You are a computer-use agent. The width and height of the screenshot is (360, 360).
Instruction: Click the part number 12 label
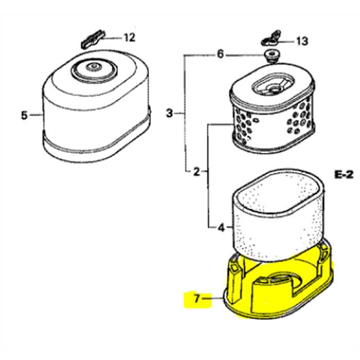[x=129, y=38]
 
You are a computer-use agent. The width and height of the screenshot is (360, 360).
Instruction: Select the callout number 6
[x=221, y=54]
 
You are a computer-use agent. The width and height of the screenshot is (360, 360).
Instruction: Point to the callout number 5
[x=24, y=115]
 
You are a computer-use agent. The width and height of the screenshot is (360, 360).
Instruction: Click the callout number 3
[x=170, y=113]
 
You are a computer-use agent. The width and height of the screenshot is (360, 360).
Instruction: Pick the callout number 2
[x=196, y=171]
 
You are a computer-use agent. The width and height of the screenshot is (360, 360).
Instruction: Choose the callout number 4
[x=221, y=227]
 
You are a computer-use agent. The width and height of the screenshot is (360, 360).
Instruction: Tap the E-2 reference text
[x=344, y=175]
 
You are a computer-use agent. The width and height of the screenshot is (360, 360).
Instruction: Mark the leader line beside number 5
[x=37, y=115]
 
